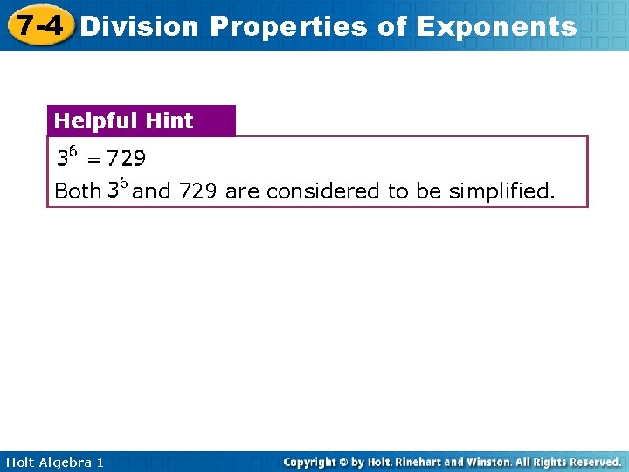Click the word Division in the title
[x=139, y=26]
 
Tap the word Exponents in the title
[x=496, y=26]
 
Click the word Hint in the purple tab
[x=169, y=121]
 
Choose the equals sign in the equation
[x=92, y=160]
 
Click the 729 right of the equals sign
[x=126, y=159]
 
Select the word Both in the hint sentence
[x=77, y=191]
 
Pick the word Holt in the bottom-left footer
[x=19, y=462]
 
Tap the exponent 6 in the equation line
[x=73, y=152]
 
